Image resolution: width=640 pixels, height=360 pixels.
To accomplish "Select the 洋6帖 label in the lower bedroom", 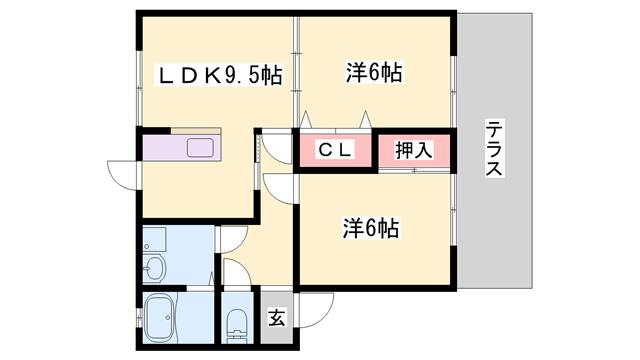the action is [373, 228].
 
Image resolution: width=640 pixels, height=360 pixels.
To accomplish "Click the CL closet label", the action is [333, 151].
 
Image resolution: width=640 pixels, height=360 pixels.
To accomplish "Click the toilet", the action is [237, 322].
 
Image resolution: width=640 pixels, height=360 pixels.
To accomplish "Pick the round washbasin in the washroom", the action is [154, 268].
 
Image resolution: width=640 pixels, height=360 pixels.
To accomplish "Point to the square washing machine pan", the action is [154, 239].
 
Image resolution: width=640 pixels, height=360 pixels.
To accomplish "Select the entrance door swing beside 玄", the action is [312, 308].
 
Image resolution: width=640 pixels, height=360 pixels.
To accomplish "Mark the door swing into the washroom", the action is [228, 240].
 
